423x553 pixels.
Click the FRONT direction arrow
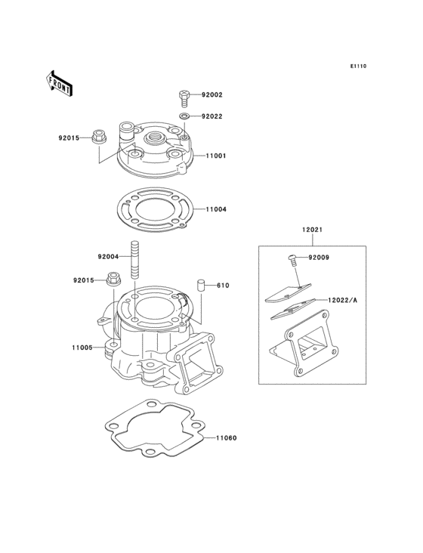pyautogui.click(x=59, y=84)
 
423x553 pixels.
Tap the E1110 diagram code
pyautogui.click(x=358, y=66)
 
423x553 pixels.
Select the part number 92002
pyautogui.click(x=211, y=95)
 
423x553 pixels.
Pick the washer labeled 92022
pyautogui.click(x=184, y=116)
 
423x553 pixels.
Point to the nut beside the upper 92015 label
pyautogui.click(x=99, y=137)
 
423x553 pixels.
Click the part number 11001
pyautogui.click(x=216, y=156)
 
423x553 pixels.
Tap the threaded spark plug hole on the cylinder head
pyautogui.click(x=153, y=137)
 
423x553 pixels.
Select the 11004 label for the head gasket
pyautogui.click(x=216, y=209)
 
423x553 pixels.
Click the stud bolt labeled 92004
pyautogui.click(x=135, y=260)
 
